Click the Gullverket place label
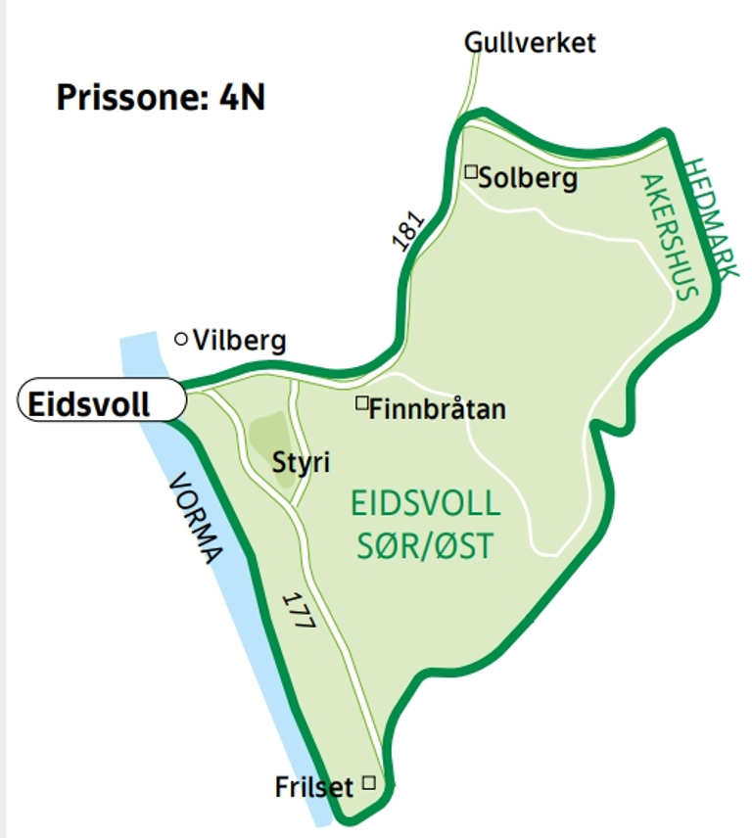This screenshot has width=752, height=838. tap(530, 43)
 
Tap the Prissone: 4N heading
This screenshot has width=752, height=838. tap(161, 98)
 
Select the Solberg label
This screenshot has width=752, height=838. tap(529, 179)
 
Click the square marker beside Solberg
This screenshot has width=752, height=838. tap(471, 172)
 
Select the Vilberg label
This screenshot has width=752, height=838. tap(240, 341)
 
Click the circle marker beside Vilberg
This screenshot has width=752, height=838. tap(181, 339)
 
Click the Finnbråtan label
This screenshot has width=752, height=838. tap(438, 408)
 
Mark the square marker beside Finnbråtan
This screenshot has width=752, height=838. tap(361, 402)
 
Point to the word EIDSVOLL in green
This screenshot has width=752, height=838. tap(425, 505)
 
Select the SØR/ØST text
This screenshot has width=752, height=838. tap(425, 544)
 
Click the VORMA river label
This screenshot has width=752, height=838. tap(196, 520)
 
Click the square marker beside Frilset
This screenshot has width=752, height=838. tap(369, 781)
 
